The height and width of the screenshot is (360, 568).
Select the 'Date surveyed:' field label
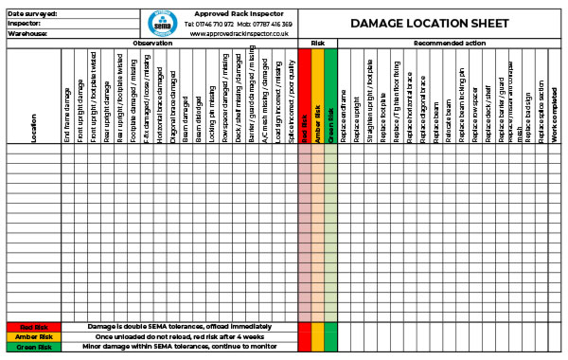[33, 13]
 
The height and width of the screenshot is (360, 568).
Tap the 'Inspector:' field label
[26, 23]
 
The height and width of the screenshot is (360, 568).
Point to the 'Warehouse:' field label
[27, 33]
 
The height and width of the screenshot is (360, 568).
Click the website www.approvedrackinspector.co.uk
[239, 33]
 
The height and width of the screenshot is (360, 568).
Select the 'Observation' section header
[151, 44]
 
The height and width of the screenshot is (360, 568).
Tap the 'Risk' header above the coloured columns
[317, 44]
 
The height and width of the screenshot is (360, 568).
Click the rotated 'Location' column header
[34, 128]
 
